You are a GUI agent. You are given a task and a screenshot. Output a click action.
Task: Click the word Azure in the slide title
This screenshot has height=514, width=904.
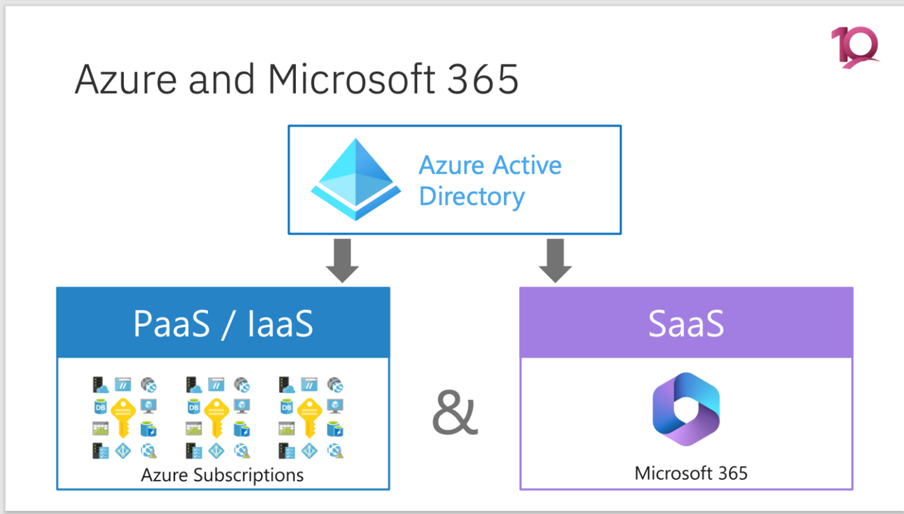pos(126,79)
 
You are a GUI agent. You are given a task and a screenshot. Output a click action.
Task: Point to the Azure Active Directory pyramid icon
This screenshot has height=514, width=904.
pos(355,180)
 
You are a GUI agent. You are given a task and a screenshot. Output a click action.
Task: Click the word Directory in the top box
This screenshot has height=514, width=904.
pos(472,197)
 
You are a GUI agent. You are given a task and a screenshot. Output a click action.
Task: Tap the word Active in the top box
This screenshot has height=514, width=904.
pos(527,166)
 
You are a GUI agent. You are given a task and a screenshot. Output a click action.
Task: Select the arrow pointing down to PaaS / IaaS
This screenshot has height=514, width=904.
pos(342,260)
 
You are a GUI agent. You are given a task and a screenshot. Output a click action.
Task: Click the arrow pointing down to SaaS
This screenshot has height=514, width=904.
pos(555,260)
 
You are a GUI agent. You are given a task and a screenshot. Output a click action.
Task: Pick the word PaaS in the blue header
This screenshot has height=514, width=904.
pos(172,324)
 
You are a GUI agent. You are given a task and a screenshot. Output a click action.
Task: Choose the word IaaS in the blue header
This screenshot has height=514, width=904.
pos(280,324)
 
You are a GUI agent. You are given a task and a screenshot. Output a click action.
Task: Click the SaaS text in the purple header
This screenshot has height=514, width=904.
pos(686,324)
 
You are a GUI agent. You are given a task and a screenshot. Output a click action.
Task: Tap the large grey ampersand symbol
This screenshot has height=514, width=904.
pos(455,412)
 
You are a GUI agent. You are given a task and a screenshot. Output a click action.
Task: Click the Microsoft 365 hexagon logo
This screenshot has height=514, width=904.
pos(686,409)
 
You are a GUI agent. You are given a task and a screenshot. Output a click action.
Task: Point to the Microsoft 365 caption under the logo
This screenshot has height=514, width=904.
pos(691,474)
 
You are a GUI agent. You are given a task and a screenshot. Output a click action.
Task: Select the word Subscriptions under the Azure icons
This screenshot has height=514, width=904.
pos(248,475)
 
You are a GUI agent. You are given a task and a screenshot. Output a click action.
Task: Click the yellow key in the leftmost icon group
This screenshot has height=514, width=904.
pos(123,418)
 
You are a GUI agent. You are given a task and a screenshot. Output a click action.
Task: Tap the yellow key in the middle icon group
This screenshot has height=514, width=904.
pos(216,418)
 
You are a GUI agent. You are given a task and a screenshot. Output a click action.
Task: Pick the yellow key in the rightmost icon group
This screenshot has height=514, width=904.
pos(310,418)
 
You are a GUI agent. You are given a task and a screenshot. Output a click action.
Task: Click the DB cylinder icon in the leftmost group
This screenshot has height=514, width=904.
pos(100,407)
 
